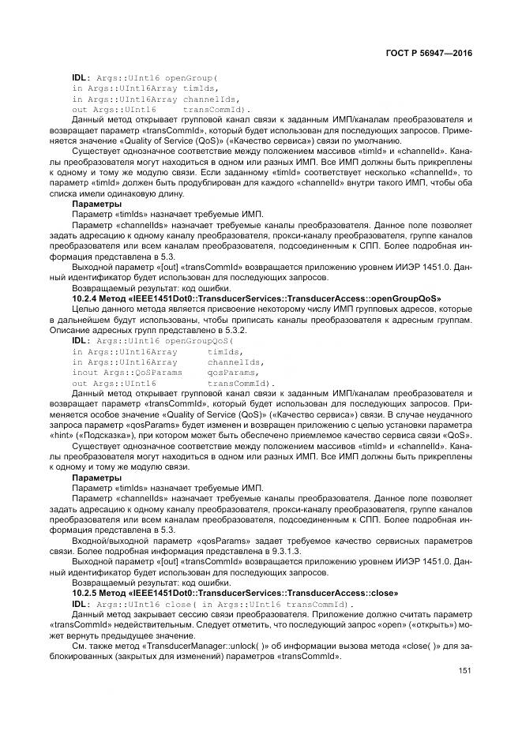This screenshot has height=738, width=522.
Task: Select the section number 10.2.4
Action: pos(85,298)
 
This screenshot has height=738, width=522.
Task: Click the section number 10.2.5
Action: pos(85,592)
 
